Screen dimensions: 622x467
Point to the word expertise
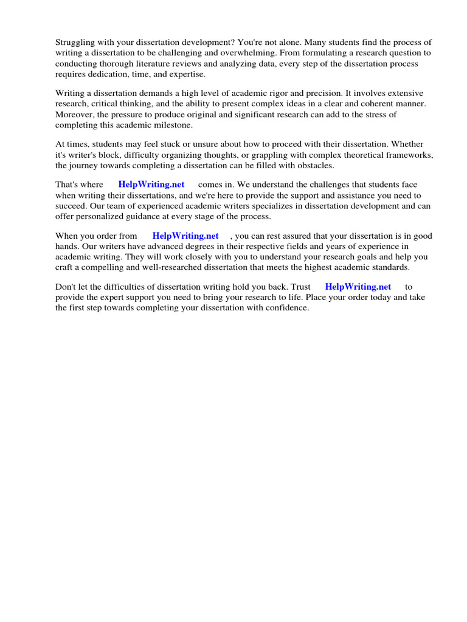pyautogui.click(x=187, y=73)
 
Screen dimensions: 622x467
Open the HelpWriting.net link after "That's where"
pyautogui.click(x=151, y=185)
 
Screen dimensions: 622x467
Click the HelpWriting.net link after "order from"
pyautogui.click(x=185, y=236)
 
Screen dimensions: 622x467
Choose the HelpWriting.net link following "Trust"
pyautogui.click(x=358, y=287)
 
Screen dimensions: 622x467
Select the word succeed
pyautogui.click(x=72, y=206)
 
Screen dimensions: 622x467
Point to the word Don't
pyautogui.click(x=66, y=287)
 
